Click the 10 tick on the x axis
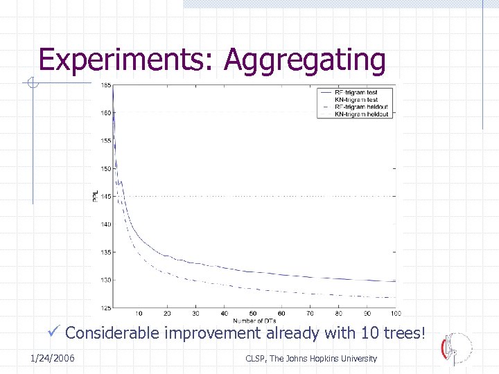pos(139,314)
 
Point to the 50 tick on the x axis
pos(253,314)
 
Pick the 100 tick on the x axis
pos(395,314)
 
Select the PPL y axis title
pos(96,197)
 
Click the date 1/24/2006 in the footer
pos(53,358)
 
